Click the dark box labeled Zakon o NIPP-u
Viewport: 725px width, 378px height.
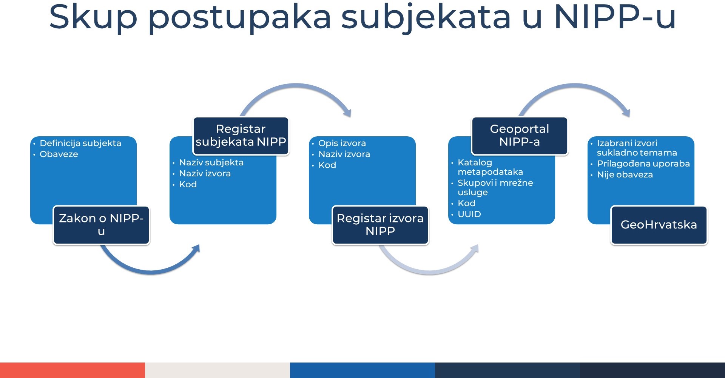point(101,225)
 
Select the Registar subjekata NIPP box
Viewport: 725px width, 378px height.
point(241,136)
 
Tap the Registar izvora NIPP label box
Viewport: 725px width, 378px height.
point(380,225)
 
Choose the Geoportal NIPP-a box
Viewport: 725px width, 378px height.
point(520,136)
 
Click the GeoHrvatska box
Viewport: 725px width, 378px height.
point(659,225)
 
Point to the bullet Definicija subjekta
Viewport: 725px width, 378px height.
point(80,143)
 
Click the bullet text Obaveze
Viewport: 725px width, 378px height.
point(59,154)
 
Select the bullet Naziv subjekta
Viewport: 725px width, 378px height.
point(211,163)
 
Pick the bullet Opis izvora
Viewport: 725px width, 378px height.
point(342,143)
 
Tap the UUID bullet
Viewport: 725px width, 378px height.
point(469,214)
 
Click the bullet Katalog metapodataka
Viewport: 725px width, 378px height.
point(490,167)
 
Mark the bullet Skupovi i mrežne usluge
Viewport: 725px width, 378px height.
point(495,188)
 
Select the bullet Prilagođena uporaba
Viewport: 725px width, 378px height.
point(643,164)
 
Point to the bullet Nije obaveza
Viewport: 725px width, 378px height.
point(625,175)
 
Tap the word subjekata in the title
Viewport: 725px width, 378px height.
point(426,17)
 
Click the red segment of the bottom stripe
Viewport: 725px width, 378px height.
point(72,370)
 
